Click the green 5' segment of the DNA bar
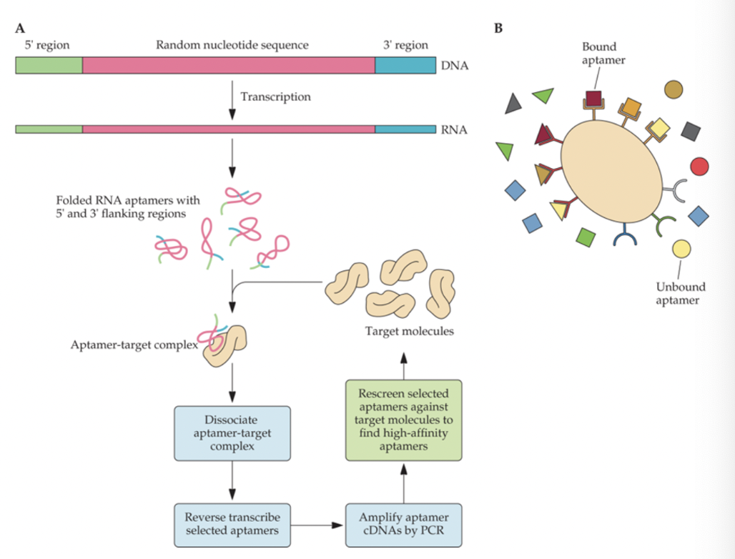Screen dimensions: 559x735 [49, 65]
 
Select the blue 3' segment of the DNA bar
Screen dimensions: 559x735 [405, 65]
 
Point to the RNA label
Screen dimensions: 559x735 [455, 129]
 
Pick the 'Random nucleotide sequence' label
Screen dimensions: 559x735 [232, 45]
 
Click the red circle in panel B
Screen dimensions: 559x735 [699, 166]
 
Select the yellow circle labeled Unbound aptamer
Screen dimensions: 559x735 [681, 249]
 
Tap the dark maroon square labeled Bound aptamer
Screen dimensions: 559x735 [593, 98]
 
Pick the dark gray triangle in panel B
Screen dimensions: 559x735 [513, 104]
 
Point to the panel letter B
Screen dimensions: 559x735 [498, 29]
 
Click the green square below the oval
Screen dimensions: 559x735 [586, 237]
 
